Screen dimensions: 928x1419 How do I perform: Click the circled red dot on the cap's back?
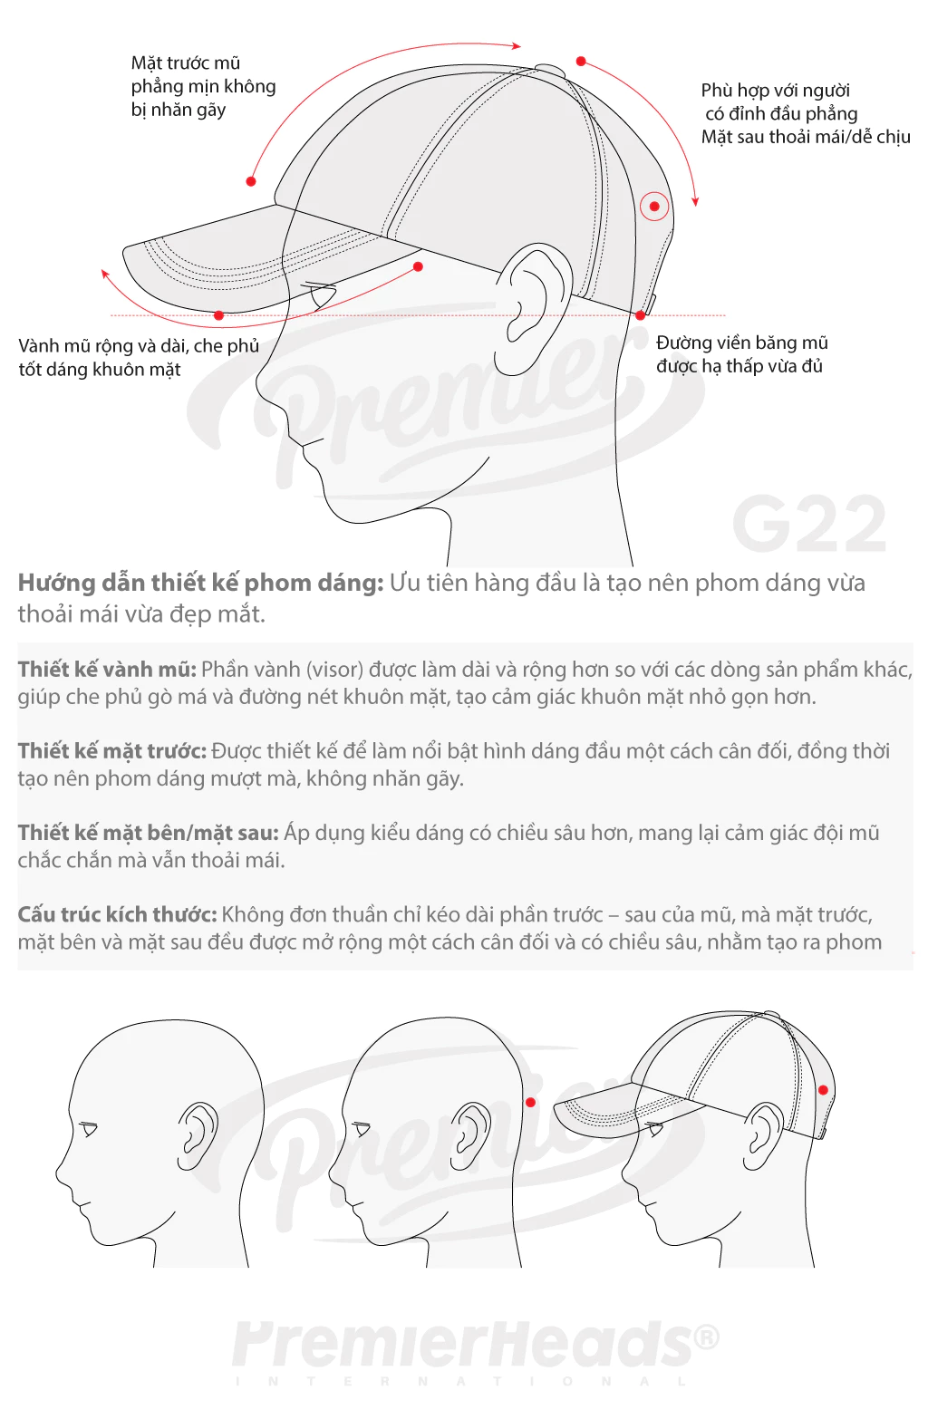click(x=654, y=207)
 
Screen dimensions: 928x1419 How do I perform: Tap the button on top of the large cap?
click(x=550, y=69)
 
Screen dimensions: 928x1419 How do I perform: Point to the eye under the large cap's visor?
click(x=320, y=295)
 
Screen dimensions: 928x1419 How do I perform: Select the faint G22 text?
click(x=809, y=523)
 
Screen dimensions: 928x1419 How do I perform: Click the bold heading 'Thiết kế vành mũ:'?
click(x=107, y=670)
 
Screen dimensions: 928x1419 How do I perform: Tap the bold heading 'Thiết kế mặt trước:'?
click(x=112, y=751)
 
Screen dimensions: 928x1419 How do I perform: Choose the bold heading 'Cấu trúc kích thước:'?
click(x=117, y=915)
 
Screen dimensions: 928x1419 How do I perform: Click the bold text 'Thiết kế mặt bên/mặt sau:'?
click(x=149, y=833)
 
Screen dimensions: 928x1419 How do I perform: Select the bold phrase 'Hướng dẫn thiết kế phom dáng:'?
click(x=201, y=583)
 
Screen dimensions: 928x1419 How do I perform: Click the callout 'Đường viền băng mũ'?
click(x=742, y=343)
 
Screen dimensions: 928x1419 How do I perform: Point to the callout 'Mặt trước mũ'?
click(x=186, y=63)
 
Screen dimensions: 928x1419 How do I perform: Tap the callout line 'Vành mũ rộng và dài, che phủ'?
click(x=139, y=346)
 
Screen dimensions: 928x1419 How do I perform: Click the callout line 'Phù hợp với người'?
click(x=776, y=90)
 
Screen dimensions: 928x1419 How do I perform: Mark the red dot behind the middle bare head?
click(x=531, y=1102)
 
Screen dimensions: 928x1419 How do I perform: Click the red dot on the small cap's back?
click(x=823, y=1089)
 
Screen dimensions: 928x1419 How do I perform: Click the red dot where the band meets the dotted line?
click(x=641, y=314)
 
